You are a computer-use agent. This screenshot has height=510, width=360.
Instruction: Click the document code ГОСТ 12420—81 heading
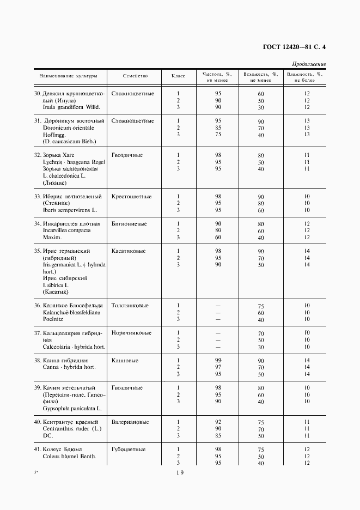tap(284, 47)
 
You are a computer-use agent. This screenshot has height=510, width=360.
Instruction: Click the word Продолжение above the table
tap(309, 64)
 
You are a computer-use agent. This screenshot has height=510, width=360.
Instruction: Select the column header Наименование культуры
tap(68, 77)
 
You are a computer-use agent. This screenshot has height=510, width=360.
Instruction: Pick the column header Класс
tap(178, 77)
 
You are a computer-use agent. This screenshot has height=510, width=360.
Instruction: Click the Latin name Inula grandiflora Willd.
tap(71, 107)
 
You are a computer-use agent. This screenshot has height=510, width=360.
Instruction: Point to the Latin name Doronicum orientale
tap(69, 128)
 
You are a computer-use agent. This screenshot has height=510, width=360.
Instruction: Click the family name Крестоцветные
tap(131, 196)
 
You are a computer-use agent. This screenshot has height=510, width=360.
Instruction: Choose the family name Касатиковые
tap(129, 251)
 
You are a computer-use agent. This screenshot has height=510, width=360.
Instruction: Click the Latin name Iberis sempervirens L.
tap(70, 210)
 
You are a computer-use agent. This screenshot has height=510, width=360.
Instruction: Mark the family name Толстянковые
tap(130, 306)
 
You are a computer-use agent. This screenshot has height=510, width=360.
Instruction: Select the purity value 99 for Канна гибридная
tap(218, 361)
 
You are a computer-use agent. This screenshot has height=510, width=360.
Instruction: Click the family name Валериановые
tap(130, 422)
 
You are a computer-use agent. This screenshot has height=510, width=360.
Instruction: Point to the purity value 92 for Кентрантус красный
tap(218, 422)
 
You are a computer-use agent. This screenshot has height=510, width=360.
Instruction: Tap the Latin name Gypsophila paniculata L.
tap(72, 408)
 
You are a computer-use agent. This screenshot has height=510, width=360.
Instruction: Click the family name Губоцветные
tap(128, 450)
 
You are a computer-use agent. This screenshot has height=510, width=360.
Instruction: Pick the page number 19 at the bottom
tap(180, 472)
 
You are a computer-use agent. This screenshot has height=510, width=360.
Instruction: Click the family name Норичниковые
tap(131, 333)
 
